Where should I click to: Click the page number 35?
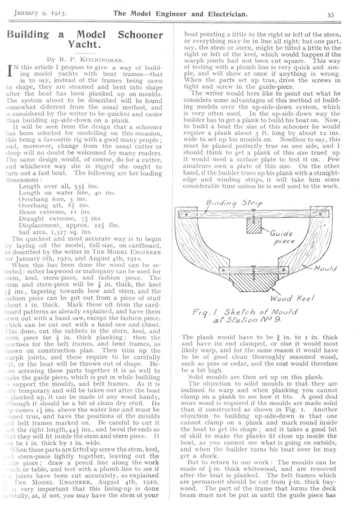330,14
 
